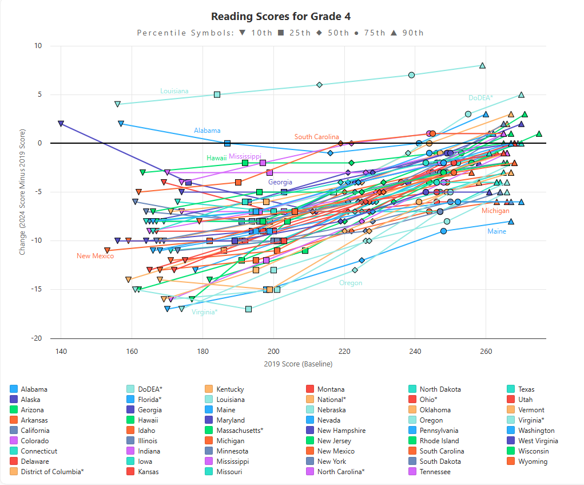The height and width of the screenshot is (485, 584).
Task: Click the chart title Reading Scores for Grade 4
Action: tap(285, 17)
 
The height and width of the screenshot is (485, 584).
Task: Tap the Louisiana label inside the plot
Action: tap(174, 91)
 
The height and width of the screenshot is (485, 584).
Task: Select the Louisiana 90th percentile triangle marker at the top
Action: tap(482, 66)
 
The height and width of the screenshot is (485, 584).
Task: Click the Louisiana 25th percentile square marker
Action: tap(217, 94)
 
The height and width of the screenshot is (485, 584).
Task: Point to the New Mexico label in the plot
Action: tap(95, 256)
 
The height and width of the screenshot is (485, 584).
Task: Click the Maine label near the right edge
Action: tap(496, 231)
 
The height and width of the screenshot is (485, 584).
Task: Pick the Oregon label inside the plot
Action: tap(351, 283)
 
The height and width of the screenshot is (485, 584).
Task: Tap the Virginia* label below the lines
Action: tap(204, 312)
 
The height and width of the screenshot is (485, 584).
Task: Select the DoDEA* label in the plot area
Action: tap(480, 98)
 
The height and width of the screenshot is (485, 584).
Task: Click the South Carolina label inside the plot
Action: tap(316, 137)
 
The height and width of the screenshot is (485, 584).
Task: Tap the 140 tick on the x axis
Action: tap(61, 351)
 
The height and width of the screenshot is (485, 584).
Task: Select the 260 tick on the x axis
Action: tap(486, 351)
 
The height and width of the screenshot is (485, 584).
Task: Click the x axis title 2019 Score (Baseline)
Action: tap(298, 364)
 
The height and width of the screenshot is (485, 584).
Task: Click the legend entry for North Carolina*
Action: tap(340, 472)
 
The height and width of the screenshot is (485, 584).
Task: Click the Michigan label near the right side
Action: tap(495, 211)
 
